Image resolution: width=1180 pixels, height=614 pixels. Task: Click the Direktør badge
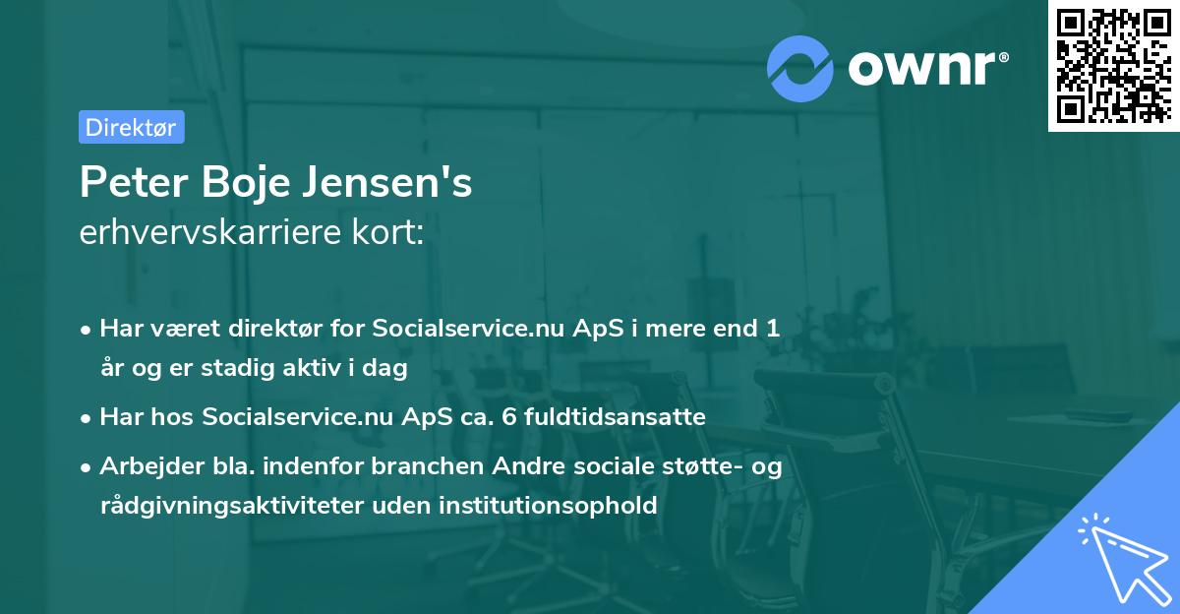pos(131,127)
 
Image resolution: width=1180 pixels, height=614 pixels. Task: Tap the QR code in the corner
pos(1113,66)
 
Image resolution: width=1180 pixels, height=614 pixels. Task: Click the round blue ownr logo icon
pos(801,69)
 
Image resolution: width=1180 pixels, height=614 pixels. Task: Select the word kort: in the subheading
pos(392,233)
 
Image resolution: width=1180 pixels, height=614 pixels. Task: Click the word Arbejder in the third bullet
pos(143,466)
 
